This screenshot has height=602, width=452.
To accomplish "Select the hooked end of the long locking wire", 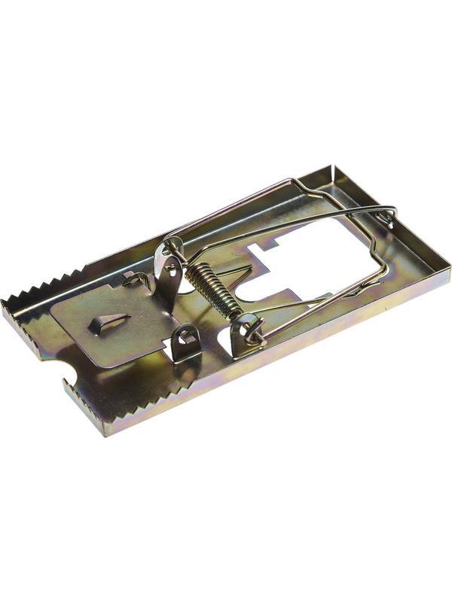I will click(x=389, y=218).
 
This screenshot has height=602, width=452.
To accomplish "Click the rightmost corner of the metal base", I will click(x=450, y=267).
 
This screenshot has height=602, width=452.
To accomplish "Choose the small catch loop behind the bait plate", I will click(x=136, y=278).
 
